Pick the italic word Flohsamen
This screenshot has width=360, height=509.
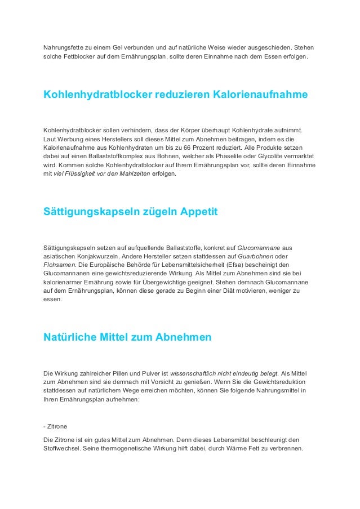click(x=60, y=266)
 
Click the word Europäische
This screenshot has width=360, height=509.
click(x=96, y=266)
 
